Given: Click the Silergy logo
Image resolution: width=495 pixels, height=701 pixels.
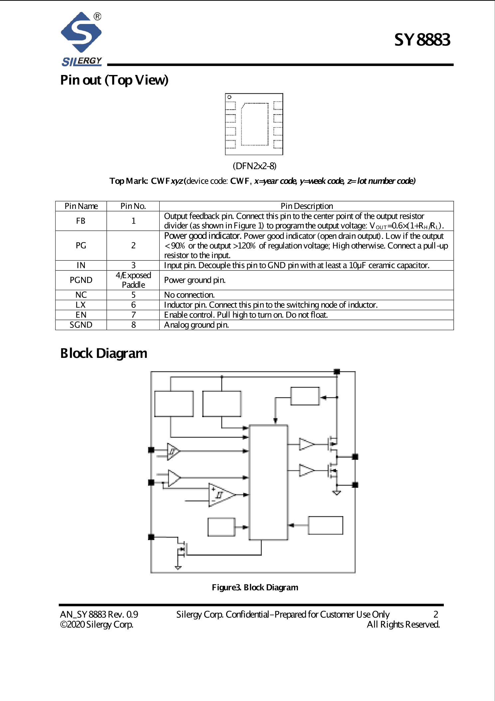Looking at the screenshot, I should [82, 39].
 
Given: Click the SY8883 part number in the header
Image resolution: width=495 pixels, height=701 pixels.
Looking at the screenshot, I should [422, 40].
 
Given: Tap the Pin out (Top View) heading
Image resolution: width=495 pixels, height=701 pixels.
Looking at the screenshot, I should [114, 80].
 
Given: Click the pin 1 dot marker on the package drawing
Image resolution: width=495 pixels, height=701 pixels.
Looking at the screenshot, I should [229, 97].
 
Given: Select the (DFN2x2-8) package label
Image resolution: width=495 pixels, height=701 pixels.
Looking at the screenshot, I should [254, 166].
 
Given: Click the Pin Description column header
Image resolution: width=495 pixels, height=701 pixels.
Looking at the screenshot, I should [306, 206].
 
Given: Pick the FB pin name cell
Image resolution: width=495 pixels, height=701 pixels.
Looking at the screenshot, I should [81, 221].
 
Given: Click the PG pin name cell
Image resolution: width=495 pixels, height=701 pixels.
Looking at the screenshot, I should [81, 246].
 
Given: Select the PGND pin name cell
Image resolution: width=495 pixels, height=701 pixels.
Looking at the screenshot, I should [81, 280].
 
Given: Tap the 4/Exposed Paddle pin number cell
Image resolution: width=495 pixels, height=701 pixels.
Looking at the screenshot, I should [133, 280].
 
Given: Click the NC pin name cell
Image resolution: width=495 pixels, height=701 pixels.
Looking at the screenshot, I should [81, 295].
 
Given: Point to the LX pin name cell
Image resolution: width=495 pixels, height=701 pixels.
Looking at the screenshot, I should [81, 305].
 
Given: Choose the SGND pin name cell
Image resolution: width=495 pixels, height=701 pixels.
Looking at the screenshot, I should [81, 325].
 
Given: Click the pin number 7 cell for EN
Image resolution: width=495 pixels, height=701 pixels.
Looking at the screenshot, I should [133, 315].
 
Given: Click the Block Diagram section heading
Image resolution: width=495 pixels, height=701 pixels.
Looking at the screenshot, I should [103, 353].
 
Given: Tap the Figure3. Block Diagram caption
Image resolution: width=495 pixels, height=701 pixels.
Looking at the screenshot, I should [255, 587].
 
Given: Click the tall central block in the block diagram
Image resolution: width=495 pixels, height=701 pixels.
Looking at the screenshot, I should [268, 482].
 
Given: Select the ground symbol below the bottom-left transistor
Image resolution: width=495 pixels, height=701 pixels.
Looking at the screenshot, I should [178, 568].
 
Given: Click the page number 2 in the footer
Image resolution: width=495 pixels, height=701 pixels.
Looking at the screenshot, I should [435, 614].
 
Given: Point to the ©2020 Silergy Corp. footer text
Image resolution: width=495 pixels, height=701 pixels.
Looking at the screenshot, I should [96, 624].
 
